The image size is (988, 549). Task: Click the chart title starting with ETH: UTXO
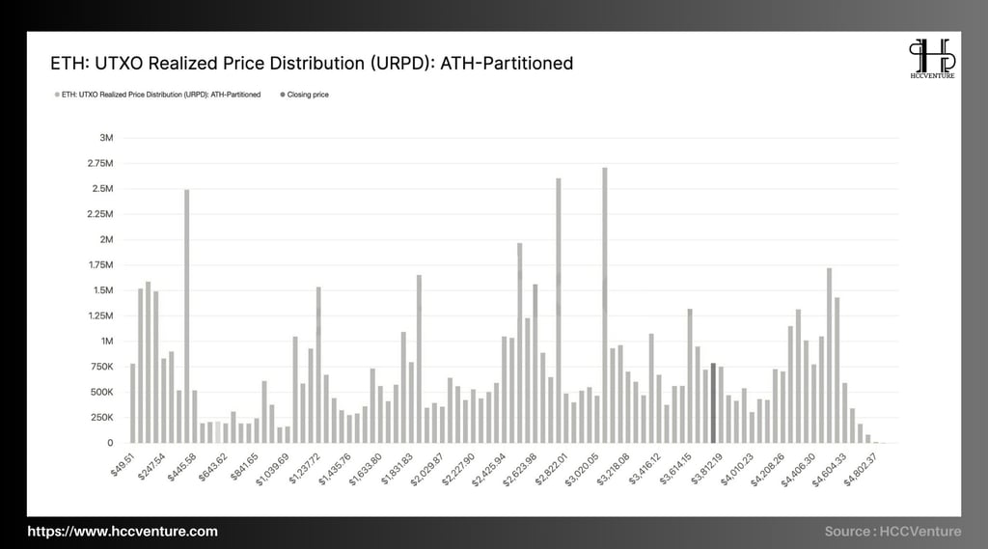point(312,64)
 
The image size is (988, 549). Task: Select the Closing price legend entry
point(305,95)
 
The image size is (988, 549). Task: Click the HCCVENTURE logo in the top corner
point(931,60)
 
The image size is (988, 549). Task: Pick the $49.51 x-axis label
point(123,460)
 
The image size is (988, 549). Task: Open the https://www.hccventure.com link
point(123,532)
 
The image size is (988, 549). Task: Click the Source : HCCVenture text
point(892,532)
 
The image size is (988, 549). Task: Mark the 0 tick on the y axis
point(110,443)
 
